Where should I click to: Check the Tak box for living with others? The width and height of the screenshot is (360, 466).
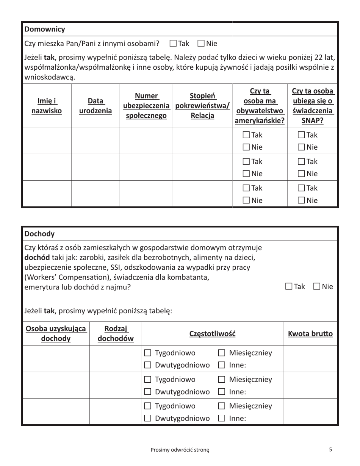click(173, 43)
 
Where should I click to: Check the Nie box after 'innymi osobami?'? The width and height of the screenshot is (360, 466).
click(201, 43)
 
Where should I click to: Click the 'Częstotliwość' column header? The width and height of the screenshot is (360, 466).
click(212, 334)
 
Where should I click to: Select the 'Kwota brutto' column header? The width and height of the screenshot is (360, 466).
click(310, 334)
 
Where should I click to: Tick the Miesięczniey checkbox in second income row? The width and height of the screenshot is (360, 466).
click(222, 379)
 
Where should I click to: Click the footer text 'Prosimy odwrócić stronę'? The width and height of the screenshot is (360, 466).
click(180, 450)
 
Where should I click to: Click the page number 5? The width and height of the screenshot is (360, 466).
click(330, 450)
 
